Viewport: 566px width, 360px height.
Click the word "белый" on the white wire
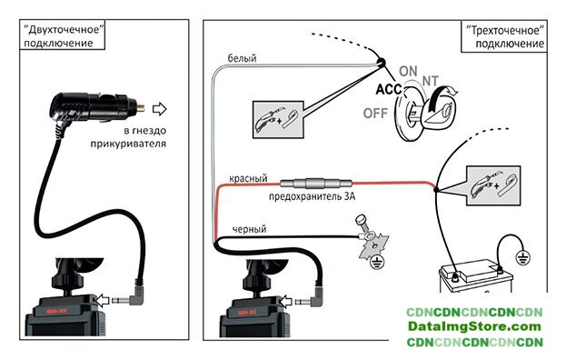click(242, 58)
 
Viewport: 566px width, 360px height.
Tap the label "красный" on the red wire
click(248, 178)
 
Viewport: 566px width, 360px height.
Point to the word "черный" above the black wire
click(249, 229)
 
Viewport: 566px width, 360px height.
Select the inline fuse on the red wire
click(316, 184)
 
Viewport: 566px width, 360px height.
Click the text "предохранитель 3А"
click(312, 196)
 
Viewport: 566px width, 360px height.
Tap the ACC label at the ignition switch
click(389, 89)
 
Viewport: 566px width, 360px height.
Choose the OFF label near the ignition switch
click(375, 114)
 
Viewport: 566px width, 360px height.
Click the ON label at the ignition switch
click(408, 71)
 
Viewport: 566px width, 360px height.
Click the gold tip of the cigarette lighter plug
click(141, 107)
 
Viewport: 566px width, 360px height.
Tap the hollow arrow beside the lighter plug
click(160, 109)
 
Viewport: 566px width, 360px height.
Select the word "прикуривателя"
click(128, 144)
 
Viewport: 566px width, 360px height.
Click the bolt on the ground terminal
click(362, 224)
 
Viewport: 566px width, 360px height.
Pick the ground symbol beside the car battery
click(522, 257)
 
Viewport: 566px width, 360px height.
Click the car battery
click(476, 276)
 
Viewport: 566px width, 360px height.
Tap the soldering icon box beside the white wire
click(278, 119)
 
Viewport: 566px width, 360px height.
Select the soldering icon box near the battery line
click(493, 185)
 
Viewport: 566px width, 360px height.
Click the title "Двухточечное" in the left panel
click(64, 29)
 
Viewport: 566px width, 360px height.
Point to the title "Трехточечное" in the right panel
click(505, 30)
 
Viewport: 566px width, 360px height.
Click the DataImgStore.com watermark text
click(474, 326)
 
